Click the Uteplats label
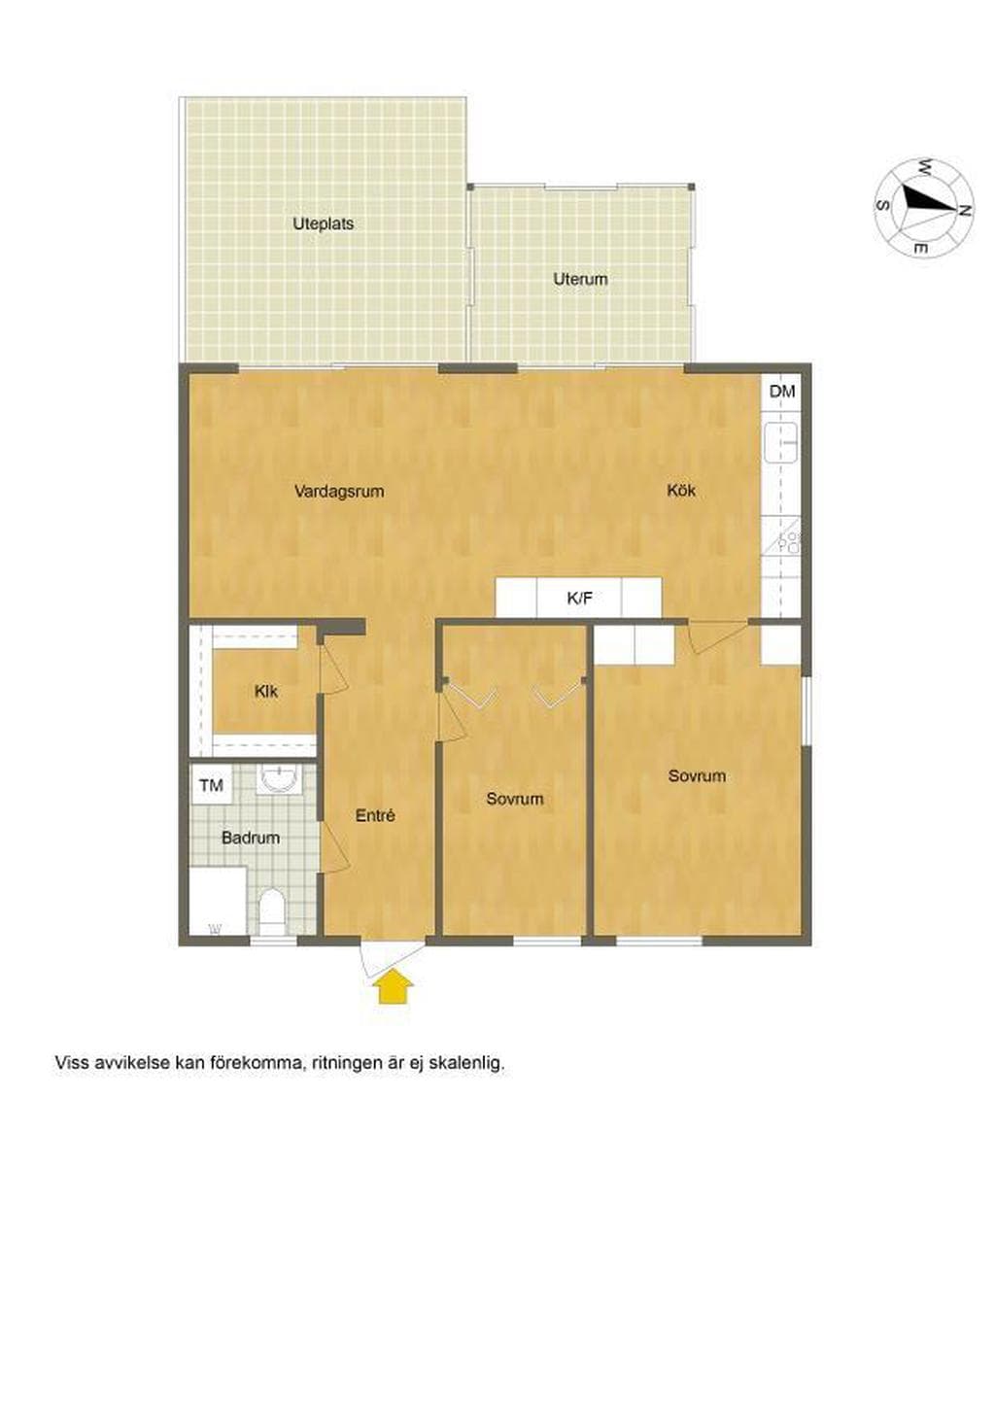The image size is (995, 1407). click(323, 223)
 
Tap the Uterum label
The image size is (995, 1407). click(580, 279)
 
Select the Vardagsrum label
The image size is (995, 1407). click(339, 491)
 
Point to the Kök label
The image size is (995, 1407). click(681, 490)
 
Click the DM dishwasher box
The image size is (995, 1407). click(782, 392)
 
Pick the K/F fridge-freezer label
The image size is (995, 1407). click(579, 598)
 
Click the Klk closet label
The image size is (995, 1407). click(265, 692)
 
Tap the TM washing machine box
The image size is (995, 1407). click(211, 784)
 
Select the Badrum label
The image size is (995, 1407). click(251, 838)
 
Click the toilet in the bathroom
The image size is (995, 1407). click(272, 911)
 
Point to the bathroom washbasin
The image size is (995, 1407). click(280, 779)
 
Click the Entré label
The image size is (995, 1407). click(375, 816)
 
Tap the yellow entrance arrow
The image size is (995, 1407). click(392, 986)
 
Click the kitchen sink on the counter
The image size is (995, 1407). click(781, 442)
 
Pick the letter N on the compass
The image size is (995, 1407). click(965, 211)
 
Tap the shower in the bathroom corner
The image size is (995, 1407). click(218, 902)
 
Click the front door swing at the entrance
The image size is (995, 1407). click(390, 958)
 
